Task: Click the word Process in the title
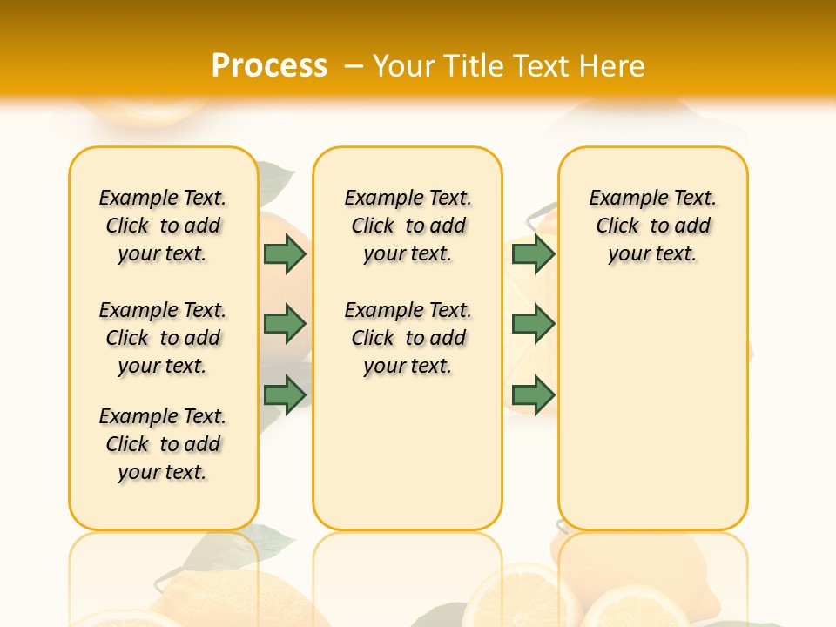pos(269,65)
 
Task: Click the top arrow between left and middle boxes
pos(285,254)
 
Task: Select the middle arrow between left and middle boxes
pos(285,324)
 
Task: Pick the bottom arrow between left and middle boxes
pos(285,394)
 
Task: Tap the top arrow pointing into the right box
pos(533,254)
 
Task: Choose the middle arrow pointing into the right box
pos(533,324)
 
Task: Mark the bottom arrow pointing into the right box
pos(533,394)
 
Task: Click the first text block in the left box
pos(163,226)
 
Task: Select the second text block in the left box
pos(163,338)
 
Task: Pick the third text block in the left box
pos(163,444)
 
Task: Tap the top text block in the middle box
pos(408,226)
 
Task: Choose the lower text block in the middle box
pos(408,338)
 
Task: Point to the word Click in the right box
pos(617,226)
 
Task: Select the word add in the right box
pos(692,226)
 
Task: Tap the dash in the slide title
pos(354,65)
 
